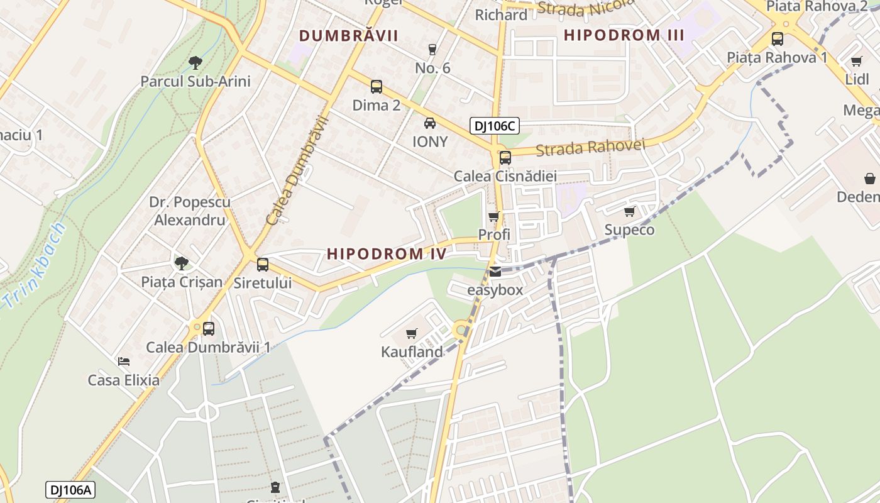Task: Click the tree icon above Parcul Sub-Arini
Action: pos(195,62)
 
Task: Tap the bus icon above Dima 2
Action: pos(377,87)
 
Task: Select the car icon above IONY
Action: pos(430,123)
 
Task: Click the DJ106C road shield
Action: pos(494,126)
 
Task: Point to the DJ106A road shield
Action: pos(70,490)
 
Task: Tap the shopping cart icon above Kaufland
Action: pos(412,333)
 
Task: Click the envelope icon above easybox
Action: pos(495,272)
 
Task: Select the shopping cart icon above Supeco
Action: pos(629,211)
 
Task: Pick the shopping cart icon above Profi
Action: pos(494,216)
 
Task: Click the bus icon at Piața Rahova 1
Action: pos(778,39)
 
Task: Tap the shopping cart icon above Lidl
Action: pos(857,61)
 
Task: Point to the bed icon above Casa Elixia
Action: pos(124,362)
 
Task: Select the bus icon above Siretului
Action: pos(263,265)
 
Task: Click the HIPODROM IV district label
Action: pos(387,254)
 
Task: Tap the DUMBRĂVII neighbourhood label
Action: pos(348,36)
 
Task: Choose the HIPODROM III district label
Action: pos(624,35)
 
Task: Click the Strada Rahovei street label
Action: pos(591,148)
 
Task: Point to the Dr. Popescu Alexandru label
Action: pos(190,211)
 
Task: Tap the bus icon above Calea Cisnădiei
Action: pos(505,158)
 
